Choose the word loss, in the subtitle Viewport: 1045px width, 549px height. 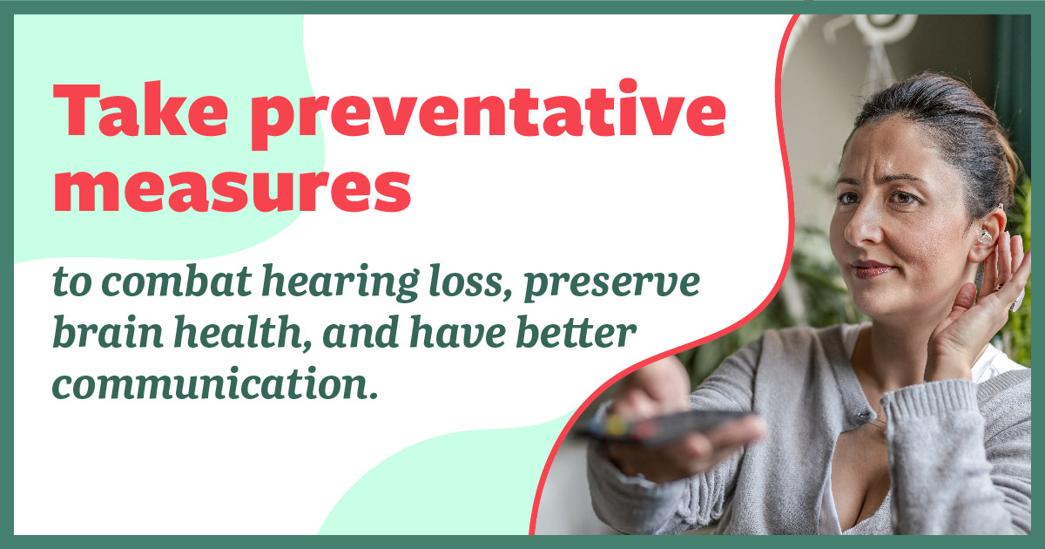pyautogui.click(x=467, y=284)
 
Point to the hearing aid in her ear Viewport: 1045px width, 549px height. pyautogui.click(x=985, y=236)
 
